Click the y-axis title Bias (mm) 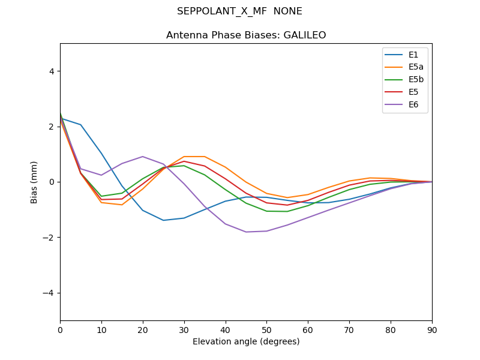click(x=34, y=182)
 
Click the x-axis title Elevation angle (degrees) click(x=246, y=341)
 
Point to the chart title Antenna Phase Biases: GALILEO click(x=246, y=35)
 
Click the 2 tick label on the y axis click(x=52, y=127)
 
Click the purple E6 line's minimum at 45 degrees click(x=246, y=232)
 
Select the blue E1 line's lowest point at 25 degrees click(x=163, y=220)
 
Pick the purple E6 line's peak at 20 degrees click(x=143, y=157)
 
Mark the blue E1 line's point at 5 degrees click(x=80, y=125)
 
